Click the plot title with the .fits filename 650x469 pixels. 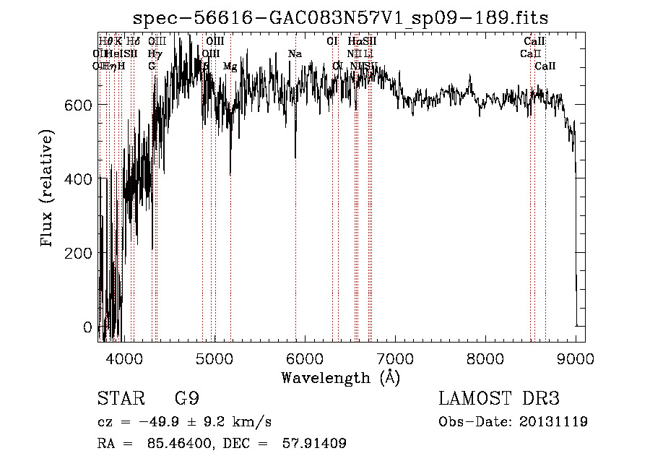(346, 18)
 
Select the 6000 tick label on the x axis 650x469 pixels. (304, 359)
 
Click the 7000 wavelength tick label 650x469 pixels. (394, 359)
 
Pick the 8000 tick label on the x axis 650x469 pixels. (485, 359)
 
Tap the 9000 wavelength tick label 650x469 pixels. (575, 359)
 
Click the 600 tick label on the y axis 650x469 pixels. (81, 106)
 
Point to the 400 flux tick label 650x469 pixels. (81, 179)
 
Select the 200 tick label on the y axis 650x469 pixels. (81, 254)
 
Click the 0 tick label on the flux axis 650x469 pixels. (87, 327)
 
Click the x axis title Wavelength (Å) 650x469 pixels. (340, 377)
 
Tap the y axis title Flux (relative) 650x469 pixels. (48, 190)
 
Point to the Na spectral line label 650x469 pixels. (295, 54)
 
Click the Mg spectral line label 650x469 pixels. (230, 66)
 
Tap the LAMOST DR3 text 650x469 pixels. (499, 399)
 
